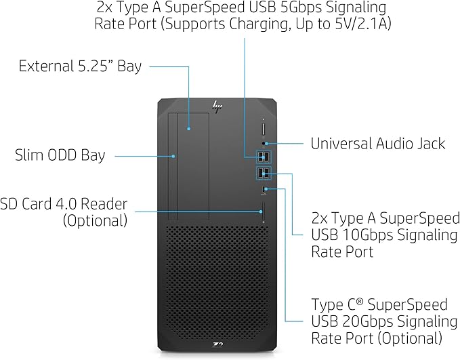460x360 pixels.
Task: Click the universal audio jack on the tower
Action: (x=265, y=143)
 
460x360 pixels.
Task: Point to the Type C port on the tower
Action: (x=265, y=188)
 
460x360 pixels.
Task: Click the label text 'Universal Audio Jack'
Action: (x=377, y=144)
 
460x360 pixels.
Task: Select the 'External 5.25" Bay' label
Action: (x=80, y=66)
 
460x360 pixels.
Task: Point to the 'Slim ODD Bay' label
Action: (x=60, y=155)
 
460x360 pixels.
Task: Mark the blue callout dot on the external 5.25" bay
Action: (x=189, y=127)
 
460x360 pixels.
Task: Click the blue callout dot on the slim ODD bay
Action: (x=175, y=156)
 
